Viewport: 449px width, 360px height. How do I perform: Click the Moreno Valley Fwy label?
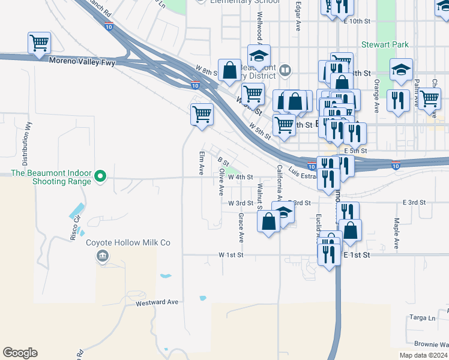tap(82, 62)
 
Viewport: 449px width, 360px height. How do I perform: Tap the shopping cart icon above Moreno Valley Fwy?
tap(39, 43)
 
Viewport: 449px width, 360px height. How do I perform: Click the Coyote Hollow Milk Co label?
tap(129, 242)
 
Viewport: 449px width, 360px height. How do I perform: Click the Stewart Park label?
tap(385, 44)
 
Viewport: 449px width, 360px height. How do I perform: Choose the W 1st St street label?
tap(229, 255)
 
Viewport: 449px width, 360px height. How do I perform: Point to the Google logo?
tap(20, 353)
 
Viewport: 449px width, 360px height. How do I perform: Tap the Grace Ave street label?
tap(241, 227)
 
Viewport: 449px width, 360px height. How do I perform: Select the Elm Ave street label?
tap(202, 162)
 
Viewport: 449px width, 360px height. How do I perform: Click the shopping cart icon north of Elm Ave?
tap(202, 113)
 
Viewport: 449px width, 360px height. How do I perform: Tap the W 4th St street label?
tap(241, 178)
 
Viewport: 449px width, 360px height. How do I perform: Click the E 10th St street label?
tap(358, 21)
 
